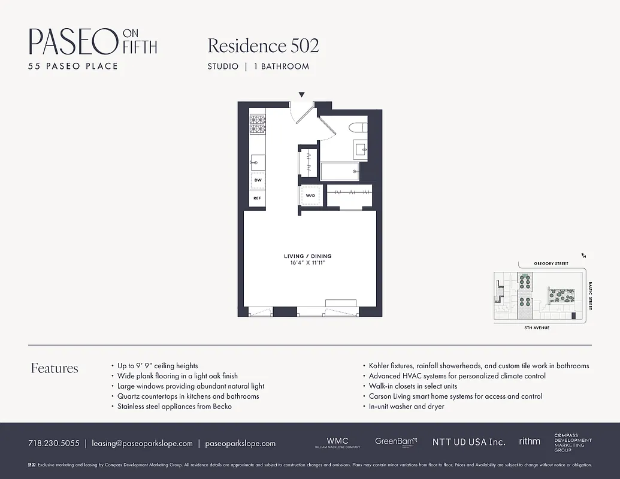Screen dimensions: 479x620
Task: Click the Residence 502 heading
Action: (x=263, y=46)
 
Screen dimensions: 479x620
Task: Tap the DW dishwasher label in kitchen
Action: (x=258, y=180)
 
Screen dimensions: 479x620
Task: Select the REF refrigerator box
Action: (x=258, y=198)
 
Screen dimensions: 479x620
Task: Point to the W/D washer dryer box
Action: (x=310, y=196)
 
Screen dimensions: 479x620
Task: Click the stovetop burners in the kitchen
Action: (x=258, y=125)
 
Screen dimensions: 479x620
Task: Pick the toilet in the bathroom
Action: (x=359, y=128)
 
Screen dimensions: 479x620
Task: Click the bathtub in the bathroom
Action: (x=340, y=171)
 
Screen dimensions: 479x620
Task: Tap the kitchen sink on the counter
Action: (x=258, y=161)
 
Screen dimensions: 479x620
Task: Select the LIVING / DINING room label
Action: (x=307, y=256)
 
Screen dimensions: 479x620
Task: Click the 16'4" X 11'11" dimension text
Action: (x=307, y=263)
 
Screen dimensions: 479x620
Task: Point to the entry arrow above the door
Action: (x=301, y=95)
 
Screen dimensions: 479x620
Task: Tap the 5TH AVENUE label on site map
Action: (x=537, y=328)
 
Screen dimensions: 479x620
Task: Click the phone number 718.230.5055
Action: (x=53, y=444)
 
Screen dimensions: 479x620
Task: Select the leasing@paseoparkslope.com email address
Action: (x=142, y=444)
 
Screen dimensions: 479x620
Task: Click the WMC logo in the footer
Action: (x=337, y=442)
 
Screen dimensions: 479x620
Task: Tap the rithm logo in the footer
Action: (x=530, y=441)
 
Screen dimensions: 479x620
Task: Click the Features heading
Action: (x=55, y=368)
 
